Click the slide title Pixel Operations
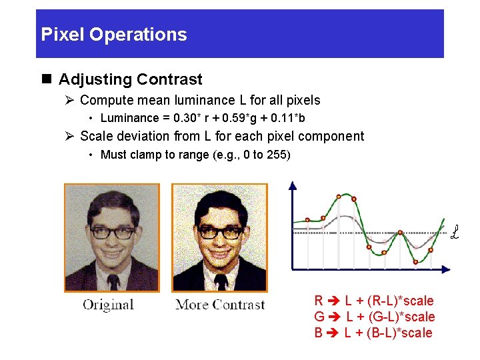click(114, 35)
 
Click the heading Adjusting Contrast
click(130, 79)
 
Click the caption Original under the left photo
click(108, 305)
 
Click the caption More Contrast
click(220, 305)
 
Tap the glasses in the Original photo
click(112, 233)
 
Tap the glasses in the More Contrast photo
click(220, 232)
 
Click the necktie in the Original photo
click(114, 281)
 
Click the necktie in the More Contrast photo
click(221, 281)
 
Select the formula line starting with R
click(373, 301)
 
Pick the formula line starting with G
click(374, 317)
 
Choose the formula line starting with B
click(373, 333)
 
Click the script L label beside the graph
click(455, 233)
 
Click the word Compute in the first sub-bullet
click(105, 101)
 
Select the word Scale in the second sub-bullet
click(95, 137)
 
